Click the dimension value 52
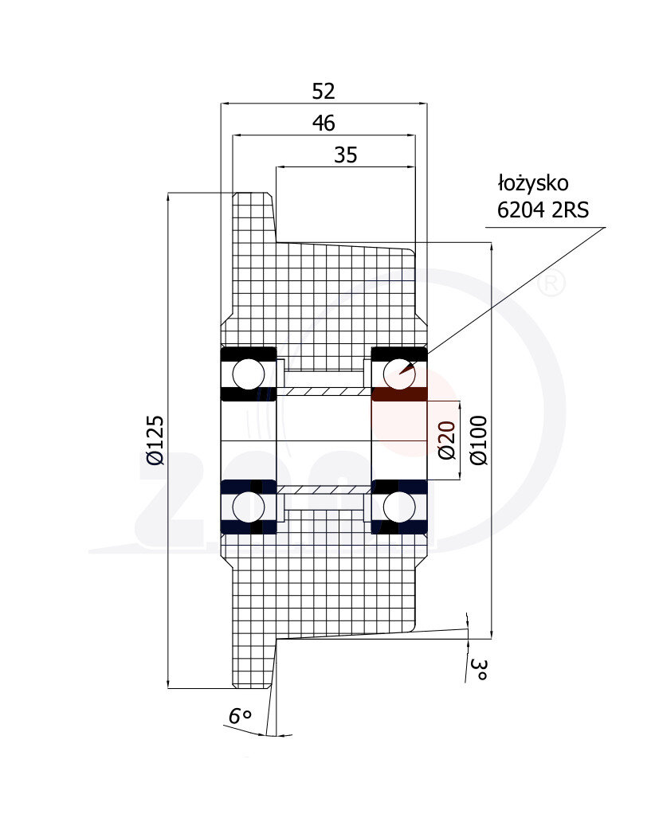323,92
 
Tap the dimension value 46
323,123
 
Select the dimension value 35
346,155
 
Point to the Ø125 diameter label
155,440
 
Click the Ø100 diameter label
479,440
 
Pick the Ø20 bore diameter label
447,440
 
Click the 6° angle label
241,715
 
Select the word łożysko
533,183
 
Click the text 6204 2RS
543,210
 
